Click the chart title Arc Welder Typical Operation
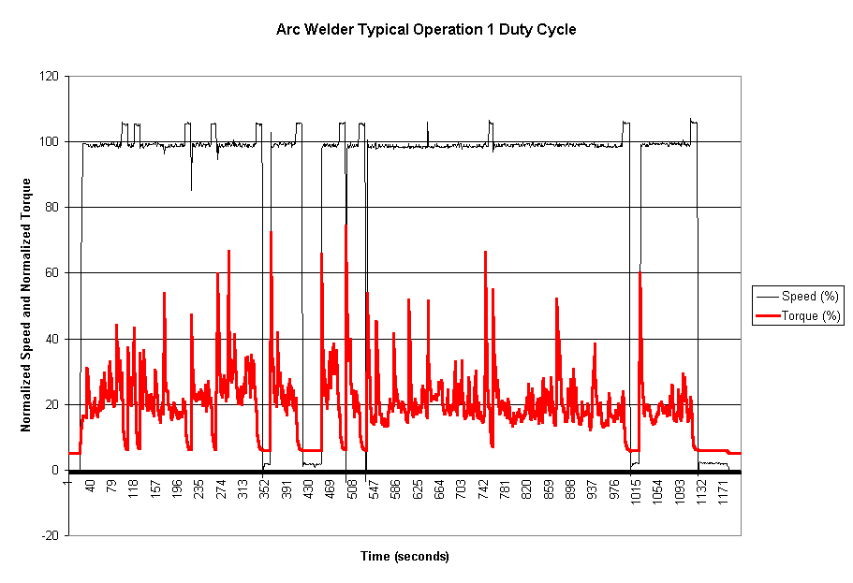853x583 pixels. [426, 29]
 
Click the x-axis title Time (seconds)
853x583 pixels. [404, 557]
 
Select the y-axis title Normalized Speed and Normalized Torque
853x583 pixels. [26, 305]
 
